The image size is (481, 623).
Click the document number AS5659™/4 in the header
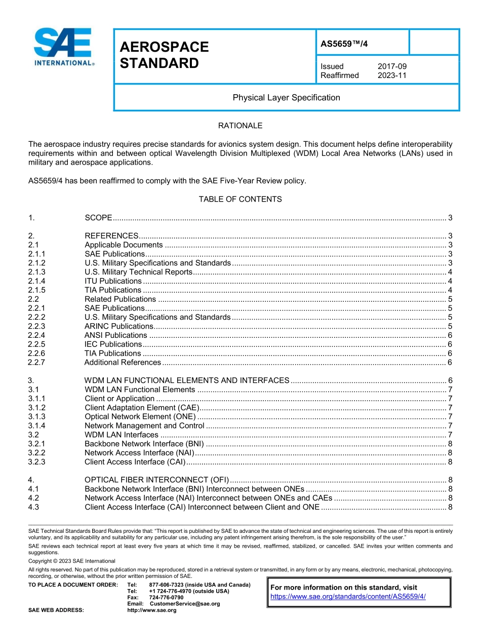[x=344, y=44]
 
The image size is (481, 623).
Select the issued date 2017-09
[x=392, y=66]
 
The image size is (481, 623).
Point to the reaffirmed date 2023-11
[x=392, y=75]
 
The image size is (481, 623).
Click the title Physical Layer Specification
[x=286, y=97]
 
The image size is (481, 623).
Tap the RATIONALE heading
[x=240, y=126]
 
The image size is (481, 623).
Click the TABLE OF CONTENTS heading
[x=240, y=199]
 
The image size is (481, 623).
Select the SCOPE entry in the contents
[x=98, y=218]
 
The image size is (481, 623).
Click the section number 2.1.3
[x=37, y=272]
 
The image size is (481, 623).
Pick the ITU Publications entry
[x=113, y=281]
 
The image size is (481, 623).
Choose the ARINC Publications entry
[x=118, y=326]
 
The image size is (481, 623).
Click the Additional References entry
[x=123, y=362]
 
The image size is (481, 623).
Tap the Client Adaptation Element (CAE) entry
[x=142, y=408]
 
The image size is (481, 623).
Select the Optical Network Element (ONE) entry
[x=140, y=417]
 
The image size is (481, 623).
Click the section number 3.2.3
[x=37, y=462]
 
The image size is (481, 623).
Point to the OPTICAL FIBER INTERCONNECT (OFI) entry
[x=156, y=480]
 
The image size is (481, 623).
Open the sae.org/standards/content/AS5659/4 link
[x=348, y=596]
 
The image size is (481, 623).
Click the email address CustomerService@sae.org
[x=185, y=604]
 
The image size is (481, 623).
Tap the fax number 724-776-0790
[x=166, y=598]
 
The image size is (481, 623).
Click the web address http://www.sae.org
[x=151, y=610]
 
